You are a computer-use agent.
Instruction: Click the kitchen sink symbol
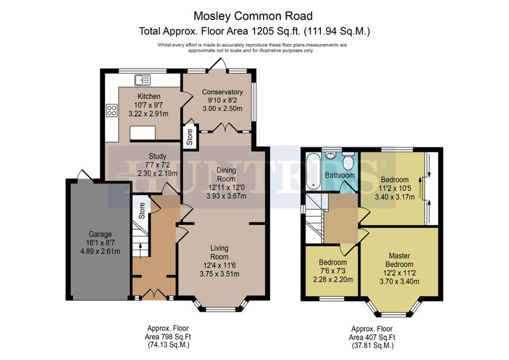pos(143,80)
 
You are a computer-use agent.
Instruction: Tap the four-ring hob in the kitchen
pos(112,110)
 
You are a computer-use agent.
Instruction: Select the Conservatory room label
pos(222,92)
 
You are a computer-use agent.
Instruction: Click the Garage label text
pos(100,234)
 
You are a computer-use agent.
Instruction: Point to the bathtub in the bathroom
pos(313,172)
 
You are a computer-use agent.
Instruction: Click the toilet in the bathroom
pos(348,161)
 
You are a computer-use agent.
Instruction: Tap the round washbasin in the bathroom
pos(331,155)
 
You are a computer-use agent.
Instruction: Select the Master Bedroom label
pos(399,260)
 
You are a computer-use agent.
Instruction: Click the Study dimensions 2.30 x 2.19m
pos(158,174)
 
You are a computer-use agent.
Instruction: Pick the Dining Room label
pos(226,175)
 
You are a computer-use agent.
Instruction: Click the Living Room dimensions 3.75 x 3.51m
pos(219,274)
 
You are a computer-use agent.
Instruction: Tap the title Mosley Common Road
pos(253,16)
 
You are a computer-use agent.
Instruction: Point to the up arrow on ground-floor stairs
pos(140,250)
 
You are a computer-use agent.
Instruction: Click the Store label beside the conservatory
pos(189,137)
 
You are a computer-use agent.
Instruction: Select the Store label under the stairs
pos(142,211)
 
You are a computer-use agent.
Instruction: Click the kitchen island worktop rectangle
pos(143,133)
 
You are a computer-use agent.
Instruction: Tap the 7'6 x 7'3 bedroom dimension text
pos(333,271)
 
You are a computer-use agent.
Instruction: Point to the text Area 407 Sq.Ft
pos(372,338)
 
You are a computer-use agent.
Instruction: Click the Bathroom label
pos(340,176)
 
